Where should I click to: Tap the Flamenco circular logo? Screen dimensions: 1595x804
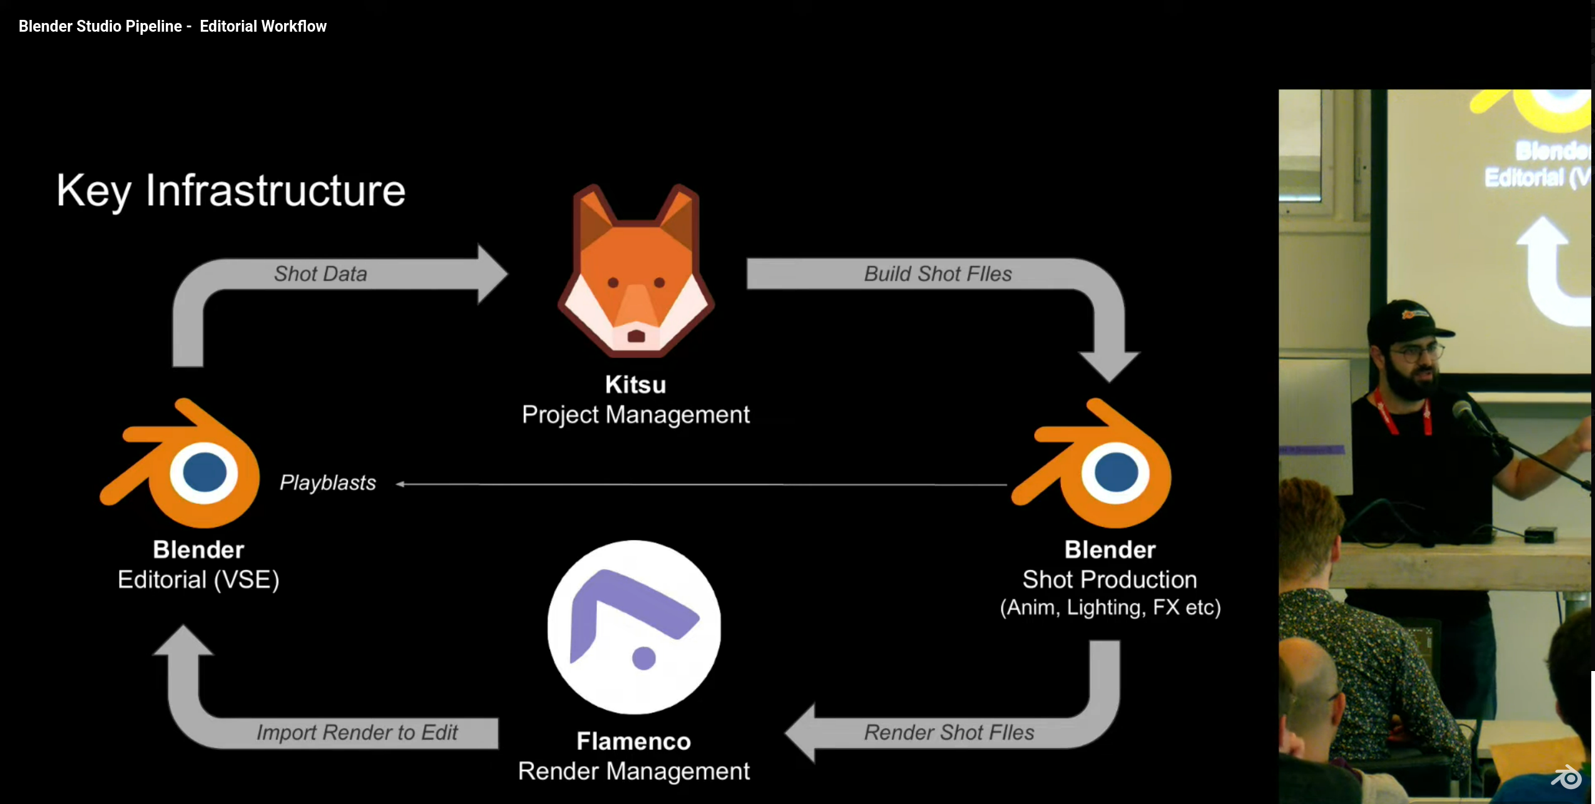pyautogui.click(x=634, y=627)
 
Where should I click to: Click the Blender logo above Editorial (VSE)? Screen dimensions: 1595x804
pyautogui.click(x=180, y=463)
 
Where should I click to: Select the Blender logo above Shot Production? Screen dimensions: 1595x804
pyautogui.click(x=1092, y=463)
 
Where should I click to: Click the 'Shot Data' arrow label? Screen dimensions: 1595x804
pyautogui.click(x=321, y=274)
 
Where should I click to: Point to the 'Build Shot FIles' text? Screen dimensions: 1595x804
pyautogui.click(x=938, y=274)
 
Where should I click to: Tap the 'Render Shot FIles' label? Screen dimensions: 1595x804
pyautogui.click(x=949, y=733)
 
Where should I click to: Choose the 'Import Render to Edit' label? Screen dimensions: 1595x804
pyautogui.click(x=357, y=733)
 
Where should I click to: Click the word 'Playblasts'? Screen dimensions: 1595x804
pyautogui.click(x=328, y=483)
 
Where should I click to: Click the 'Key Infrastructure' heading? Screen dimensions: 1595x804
pyautogui.click(x=231, y=190)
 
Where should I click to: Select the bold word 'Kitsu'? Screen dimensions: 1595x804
pyautogui.click(x=636, y=385)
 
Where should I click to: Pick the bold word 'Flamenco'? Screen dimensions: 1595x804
pyautogui.click(x=633, y=741)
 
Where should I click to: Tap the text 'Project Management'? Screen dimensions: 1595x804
pyautogui.click(x=636, y=415)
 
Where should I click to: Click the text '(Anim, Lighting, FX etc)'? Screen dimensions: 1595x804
pyautogui.click(x=1110, y=608)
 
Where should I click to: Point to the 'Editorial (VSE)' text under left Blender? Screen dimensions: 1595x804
pyautogui.click(x=199, y=580)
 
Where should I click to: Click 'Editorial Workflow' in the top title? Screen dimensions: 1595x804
pyautogui.click(x=263, y=26)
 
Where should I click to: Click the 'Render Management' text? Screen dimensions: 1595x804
pyautogui.click(x=634, y=771)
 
